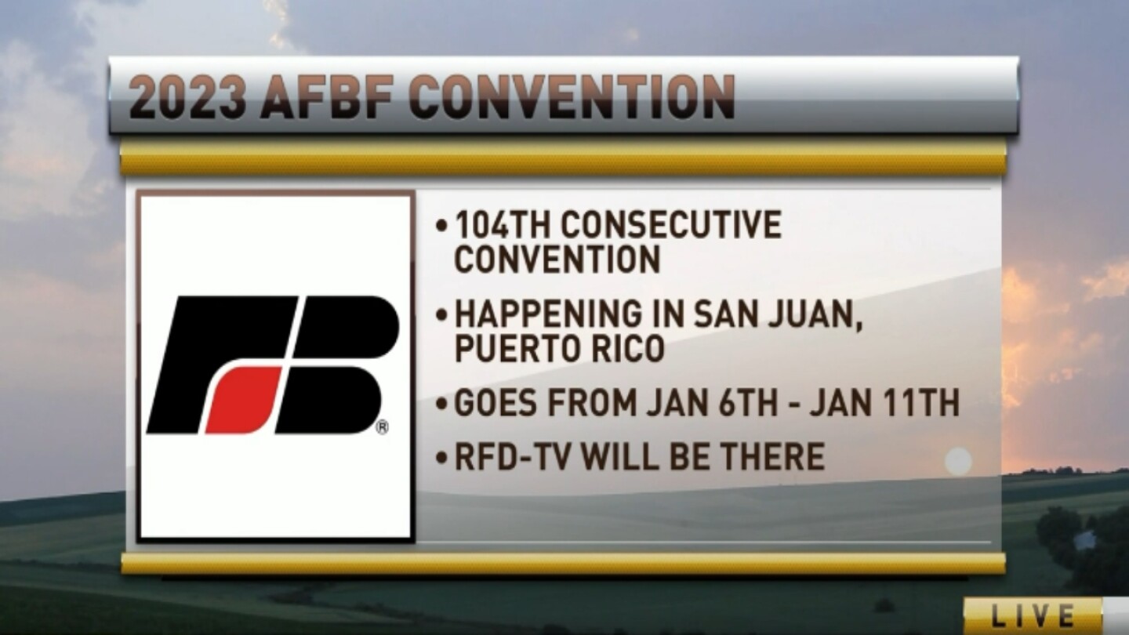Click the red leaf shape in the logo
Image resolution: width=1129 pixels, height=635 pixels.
coord(242,399)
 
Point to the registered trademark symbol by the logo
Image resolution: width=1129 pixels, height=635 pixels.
coord(382,427)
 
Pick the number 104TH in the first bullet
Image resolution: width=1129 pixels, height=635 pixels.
coord(502,226)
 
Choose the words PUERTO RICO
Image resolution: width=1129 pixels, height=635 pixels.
coord(560,349)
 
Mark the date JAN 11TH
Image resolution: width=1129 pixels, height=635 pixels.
coord(884,404)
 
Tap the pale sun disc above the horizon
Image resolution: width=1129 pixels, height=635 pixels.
coord(958,461)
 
